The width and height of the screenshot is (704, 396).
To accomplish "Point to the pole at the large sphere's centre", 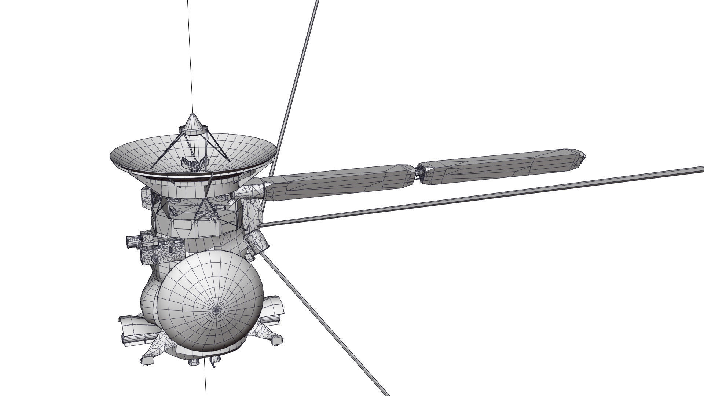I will click(x=216, y=310).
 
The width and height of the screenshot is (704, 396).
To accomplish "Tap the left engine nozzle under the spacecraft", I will click(x=193, y=362).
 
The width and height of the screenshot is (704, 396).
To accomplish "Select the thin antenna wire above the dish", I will click(x=190, y=55).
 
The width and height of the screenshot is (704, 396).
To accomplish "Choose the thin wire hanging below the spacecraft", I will click(x=205, y=381).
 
